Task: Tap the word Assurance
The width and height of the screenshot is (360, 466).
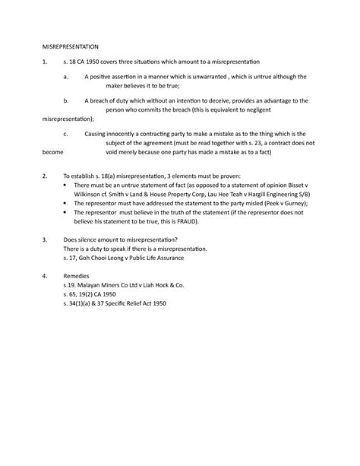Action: click(x=182, y=258)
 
